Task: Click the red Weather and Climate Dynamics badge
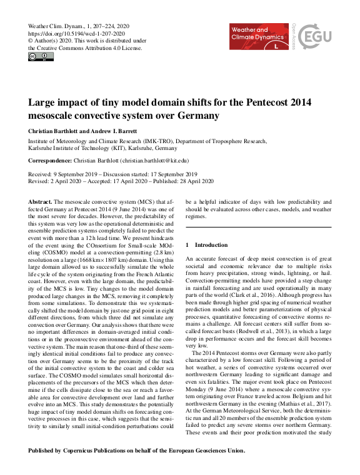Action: tap(258, 37)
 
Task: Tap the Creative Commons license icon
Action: tap(41, 57)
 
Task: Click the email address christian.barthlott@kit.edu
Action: tap(159, 161)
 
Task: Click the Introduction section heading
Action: tap(211, 245)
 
